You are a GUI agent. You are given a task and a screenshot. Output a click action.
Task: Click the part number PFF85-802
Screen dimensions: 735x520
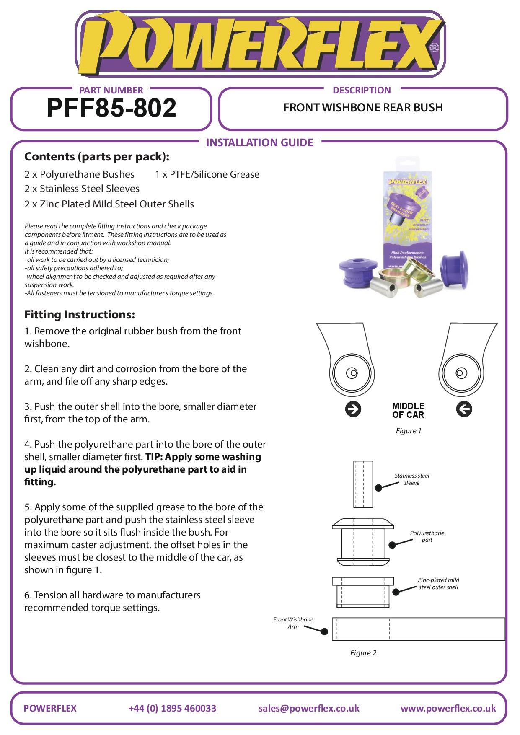[111, 108]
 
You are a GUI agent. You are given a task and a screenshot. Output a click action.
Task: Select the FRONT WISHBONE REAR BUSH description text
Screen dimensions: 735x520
[363, 108]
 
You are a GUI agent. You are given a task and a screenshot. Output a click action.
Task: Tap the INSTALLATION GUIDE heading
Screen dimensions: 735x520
[259, 143]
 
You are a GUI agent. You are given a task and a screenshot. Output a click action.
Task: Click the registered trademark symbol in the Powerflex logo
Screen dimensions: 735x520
[435, 48]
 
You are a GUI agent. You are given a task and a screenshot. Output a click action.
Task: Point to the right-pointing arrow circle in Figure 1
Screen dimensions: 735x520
[353, 409]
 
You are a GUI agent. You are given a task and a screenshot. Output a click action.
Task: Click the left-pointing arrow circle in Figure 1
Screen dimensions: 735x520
[464, 409]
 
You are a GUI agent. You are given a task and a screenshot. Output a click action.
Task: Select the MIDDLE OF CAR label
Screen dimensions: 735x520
[408, 410]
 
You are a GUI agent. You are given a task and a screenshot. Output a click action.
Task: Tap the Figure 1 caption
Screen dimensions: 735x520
[409, 431]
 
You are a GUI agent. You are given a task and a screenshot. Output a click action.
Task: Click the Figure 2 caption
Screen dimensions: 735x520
[363, 653]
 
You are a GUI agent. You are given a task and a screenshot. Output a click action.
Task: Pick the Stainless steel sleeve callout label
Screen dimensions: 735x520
[412, 479]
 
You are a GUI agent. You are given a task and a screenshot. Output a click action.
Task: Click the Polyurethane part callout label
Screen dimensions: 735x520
[427, 536]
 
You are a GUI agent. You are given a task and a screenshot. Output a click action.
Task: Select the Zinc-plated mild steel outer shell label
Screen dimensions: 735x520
[438, 584]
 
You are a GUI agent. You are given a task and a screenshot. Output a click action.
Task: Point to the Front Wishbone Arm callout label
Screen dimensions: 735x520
[293, 623]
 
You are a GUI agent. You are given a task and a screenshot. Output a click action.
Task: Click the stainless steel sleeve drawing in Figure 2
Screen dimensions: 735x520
[363, 484]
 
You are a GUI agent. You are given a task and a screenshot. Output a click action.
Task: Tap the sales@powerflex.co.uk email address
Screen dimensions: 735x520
[309, 708]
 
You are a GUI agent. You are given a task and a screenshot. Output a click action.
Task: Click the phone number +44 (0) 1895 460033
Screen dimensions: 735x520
[172, 708]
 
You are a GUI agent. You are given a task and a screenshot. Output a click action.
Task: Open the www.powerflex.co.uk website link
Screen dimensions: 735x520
[448, 708]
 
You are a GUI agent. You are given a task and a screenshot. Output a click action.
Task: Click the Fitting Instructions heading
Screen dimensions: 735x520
[80, 315]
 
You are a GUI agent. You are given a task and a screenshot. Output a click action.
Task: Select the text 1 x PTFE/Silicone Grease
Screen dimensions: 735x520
[207, 174]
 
